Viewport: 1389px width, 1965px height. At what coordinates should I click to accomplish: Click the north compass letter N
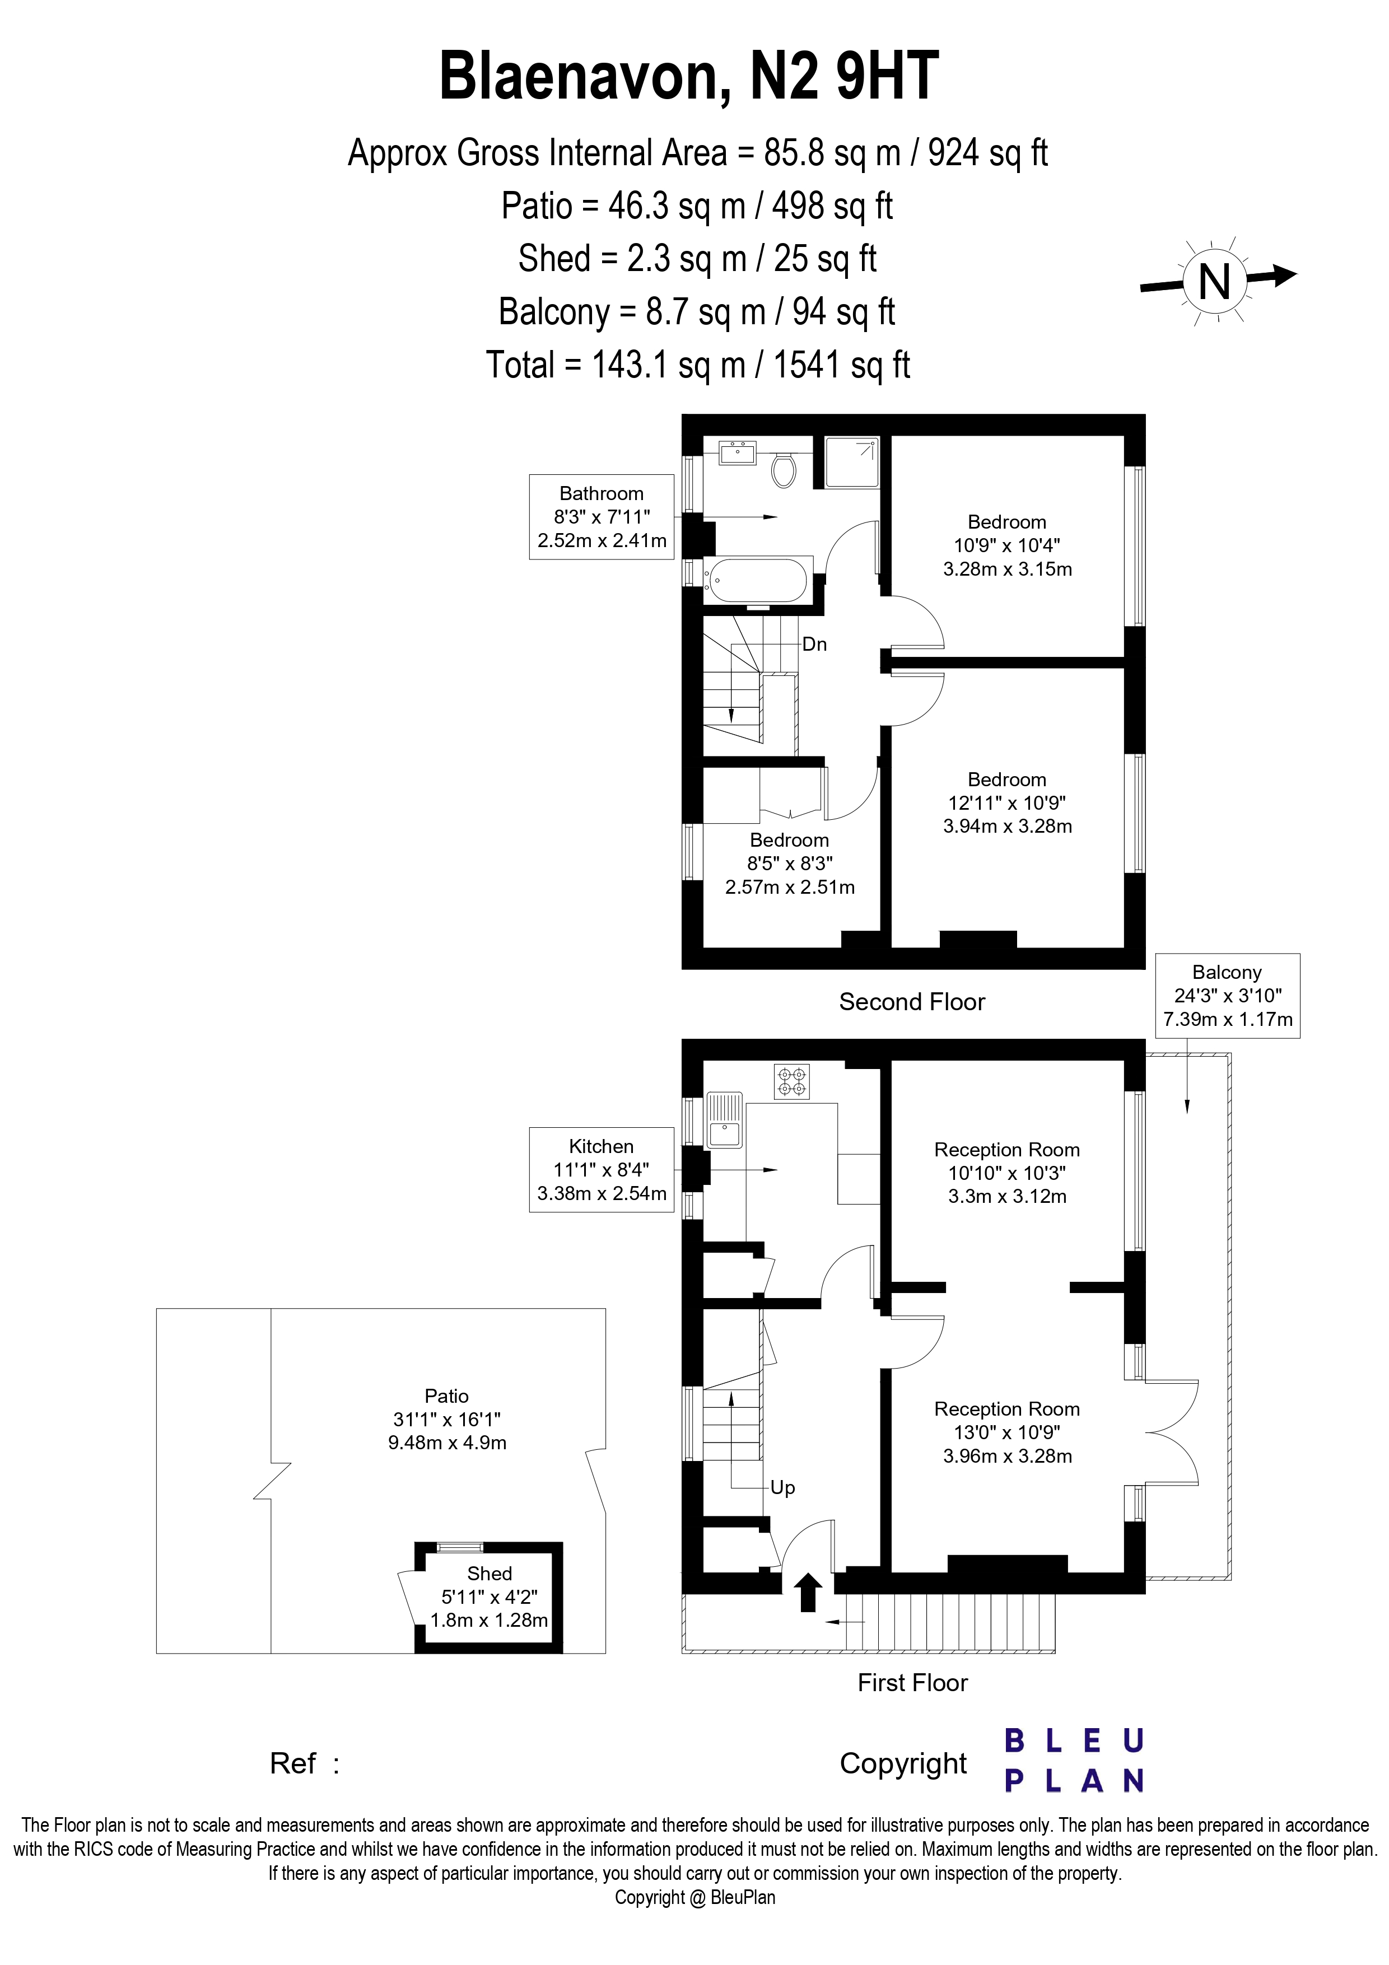1214,282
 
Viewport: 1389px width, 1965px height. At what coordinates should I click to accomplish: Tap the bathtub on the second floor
755,581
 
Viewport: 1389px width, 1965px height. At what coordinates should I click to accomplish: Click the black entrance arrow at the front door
808,1593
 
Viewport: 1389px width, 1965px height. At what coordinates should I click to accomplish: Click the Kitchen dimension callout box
602,1170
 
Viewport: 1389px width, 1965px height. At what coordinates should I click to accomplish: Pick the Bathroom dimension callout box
602,517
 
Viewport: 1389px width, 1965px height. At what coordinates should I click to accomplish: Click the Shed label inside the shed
489,1573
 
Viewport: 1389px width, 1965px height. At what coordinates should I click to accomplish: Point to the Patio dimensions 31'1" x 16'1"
447,1419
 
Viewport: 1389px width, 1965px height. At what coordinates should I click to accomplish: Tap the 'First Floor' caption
912,1683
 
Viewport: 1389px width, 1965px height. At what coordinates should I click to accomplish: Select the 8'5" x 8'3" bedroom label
789,864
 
